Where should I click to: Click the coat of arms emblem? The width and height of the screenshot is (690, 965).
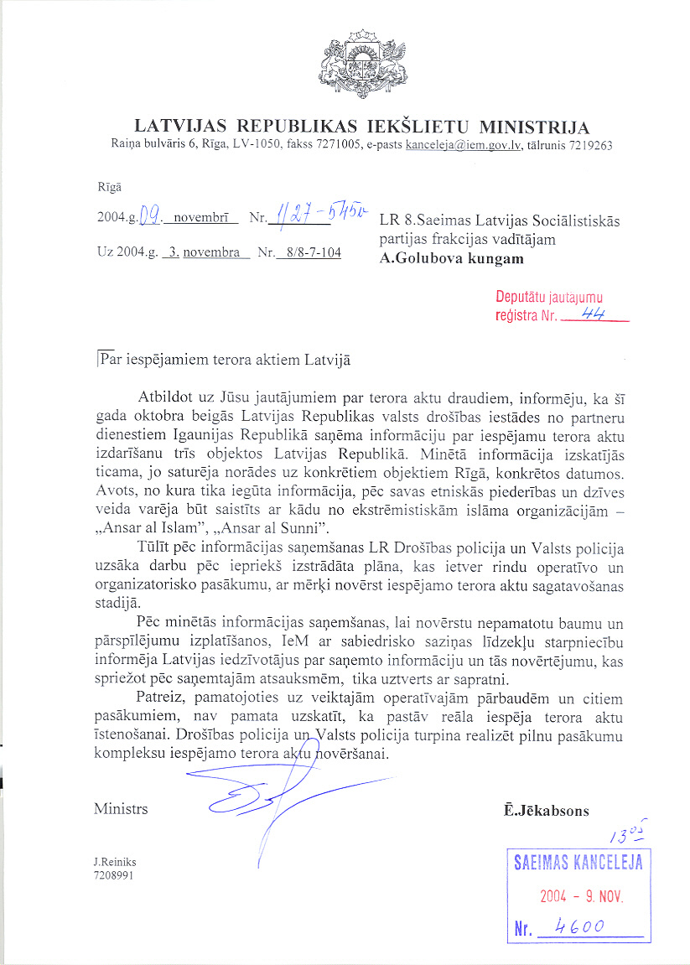coord(363,64)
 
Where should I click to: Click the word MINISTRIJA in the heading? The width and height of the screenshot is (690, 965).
coord(533,127)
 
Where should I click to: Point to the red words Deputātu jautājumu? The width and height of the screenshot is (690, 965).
coord(548,298)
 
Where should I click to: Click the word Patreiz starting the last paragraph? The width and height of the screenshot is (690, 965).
coord(163,698)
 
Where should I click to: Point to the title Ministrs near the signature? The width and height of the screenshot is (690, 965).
coord(121,809)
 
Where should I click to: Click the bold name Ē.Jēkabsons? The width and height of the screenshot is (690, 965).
coord(544,811)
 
